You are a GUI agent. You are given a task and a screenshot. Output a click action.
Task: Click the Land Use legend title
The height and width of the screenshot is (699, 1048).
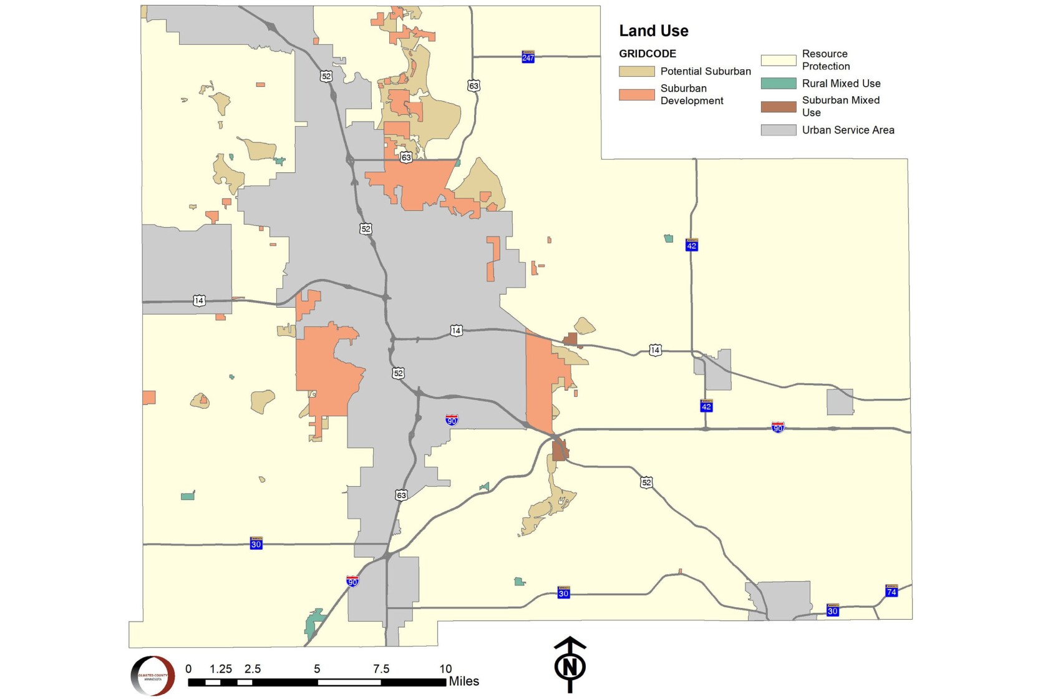(653, 31)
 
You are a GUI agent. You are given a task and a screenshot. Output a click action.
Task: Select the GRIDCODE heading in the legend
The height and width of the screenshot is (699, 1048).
(647, 54)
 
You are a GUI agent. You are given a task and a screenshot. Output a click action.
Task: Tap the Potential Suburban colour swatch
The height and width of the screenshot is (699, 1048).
(636, 71)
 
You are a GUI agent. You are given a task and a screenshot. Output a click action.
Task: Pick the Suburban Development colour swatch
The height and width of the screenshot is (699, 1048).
(636, 94)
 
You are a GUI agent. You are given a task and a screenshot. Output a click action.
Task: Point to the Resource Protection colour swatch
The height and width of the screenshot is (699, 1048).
(778, 60)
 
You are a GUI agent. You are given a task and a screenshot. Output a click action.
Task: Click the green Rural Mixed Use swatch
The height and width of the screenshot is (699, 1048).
(778, 83)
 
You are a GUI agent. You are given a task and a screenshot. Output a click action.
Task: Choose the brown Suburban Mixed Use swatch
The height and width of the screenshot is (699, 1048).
(778, 106)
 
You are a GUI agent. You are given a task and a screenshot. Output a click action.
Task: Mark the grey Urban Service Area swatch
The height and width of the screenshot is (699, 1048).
(778, 130)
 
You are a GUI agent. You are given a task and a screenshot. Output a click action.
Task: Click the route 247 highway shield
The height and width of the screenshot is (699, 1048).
(528, 57)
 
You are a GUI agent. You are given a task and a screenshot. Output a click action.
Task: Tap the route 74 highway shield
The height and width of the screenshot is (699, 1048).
(891, 590)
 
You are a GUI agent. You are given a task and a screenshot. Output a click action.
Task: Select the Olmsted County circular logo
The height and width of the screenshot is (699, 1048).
(153, 676)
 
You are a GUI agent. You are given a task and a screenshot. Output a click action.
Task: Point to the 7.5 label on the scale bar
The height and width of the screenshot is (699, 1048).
(381, 668)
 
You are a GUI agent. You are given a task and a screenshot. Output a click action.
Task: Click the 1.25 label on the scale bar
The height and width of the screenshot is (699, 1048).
(220, 668)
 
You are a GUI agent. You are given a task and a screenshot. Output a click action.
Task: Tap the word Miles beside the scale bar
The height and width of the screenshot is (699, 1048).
(463, 681)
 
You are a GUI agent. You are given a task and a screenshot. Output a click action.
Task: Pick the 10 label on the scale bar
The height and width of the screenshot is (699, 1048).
(445, 668)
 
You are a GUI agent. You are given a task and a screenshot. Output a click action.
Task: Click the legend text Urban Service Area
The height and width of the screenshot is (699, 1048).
(848, 130)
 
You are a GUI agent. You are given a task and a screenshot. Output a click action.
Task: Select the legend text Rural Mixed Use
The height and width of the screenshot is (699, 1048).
(841, 83)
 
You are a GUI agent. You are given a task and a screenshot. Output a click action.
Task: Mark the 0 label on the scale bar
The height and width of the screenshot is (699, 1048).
(188, 668)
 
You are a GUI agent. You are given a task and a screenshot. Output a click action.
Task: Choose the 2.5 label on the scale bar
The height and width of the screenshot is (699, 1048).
(253, 668)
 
